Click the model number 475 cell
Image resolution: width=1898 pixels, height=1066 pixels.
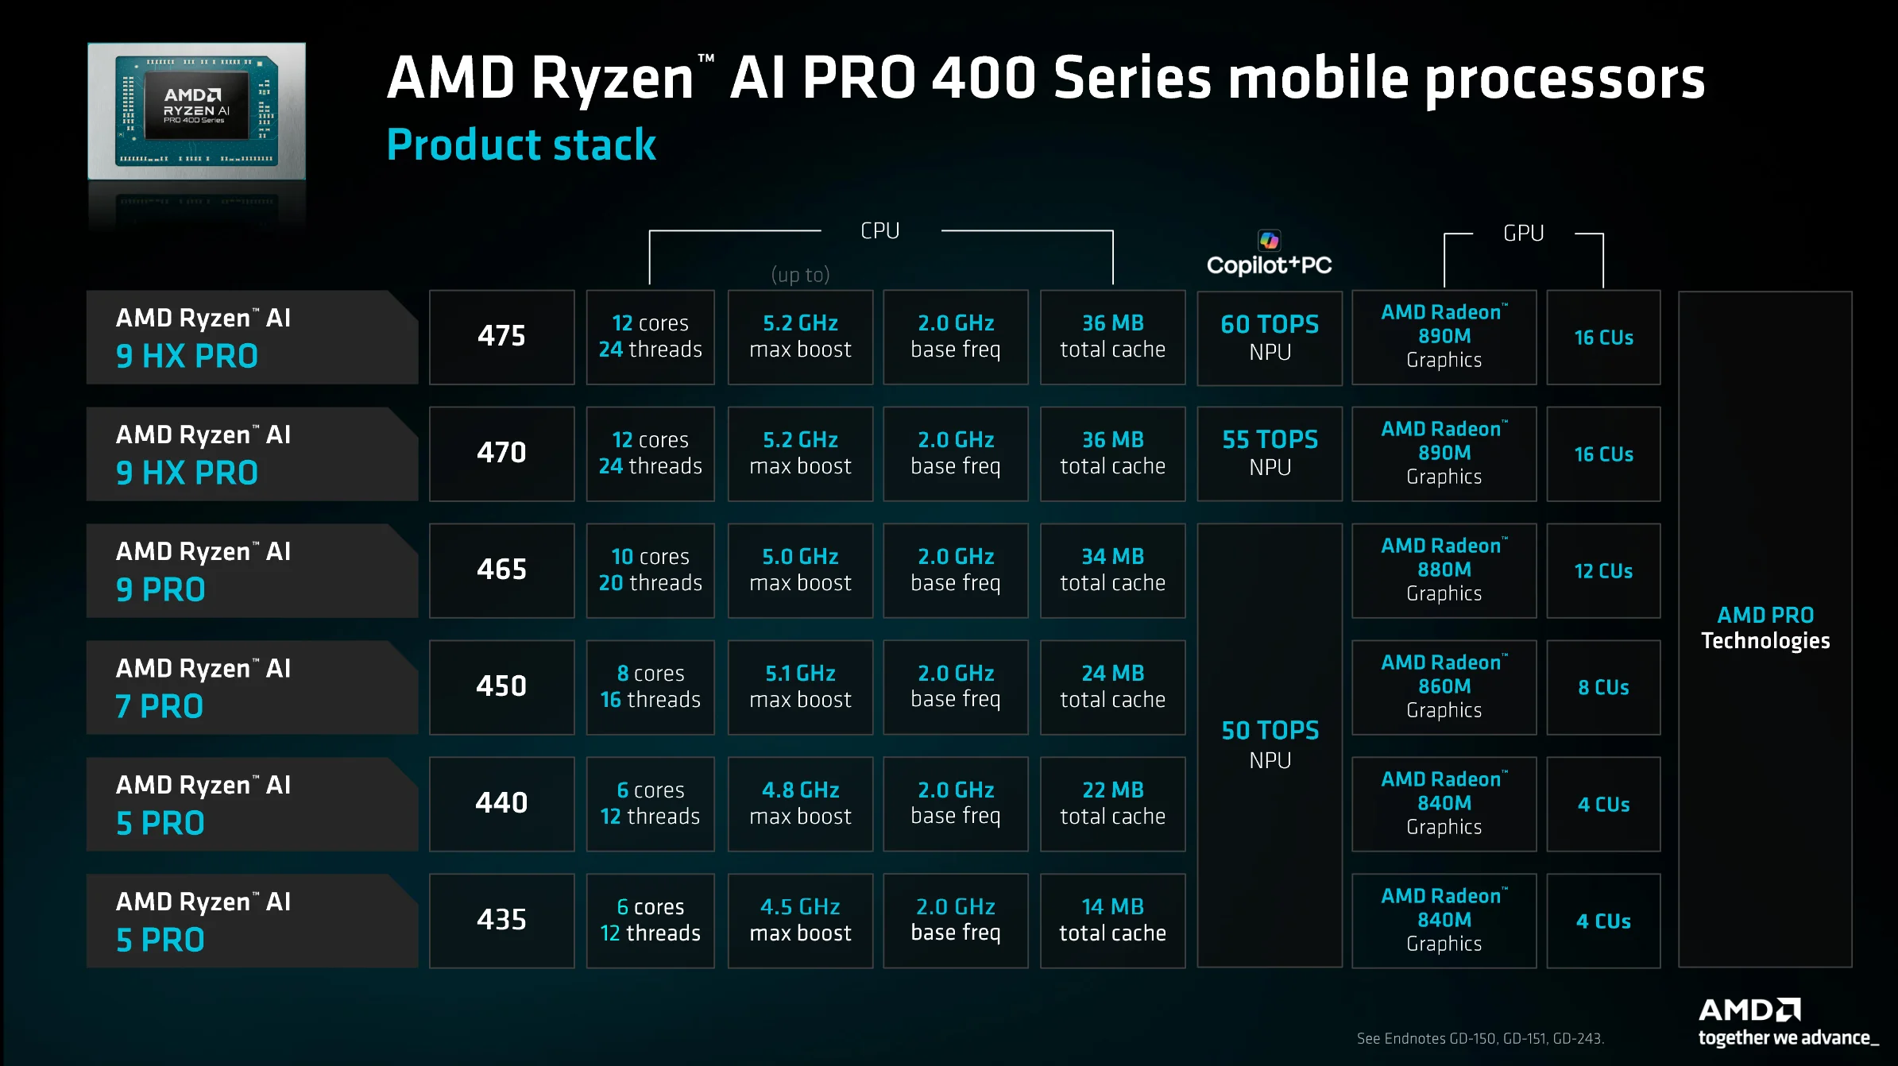[501, 337]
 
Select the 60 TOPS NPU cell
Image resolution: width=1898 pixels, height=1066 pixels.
[1269, 338]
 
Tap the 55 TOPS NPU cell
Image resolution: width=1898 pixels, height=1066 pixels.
[1269, 454]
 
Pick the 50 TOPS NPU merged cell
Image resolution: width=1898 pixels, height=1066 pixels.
[1269, 744]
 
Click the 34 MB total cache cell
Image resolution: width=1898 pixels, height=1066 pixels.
[1112, 570]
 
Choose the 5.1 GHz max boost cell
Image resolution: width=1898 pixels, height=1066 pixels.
[800, 687]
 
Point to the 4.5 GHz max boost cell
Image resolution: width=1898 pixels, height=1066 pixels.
[800, 921]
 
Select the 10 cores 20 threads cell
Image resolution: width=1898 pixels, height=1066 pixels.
[650, 570]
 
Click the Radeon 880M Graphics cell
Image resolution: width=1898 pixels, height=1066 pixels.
[1444, 570]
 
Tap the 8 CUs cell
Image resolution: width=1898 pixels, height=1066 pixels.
[1603, 687]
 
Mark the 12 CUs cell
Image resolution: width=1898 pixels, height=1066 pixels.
[1603, 570]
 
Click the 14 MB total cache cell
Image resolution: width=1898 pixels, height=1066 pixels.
[1112, 921]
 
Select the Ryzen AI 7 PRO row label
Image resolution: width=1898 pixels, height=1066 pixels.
[252, 687]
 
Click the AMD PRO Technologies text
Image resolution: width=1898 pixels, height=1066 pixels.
[1765, 628]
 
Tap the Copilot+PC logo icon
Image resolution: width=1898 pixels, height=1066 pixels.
[1269, 240]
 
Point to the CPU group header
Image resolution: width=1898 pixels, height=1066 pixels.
[880, 231]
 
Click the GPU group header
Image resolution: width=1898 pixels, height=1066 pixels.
[1523, 234]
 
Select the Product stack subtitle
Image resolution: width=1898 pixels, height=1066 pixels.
[521, 145]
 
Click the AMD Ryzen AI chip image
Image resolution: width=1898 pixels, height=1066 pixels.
[196, 111]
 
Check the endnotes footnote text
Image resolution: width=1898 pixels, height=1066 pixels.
[1479, 1038]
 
